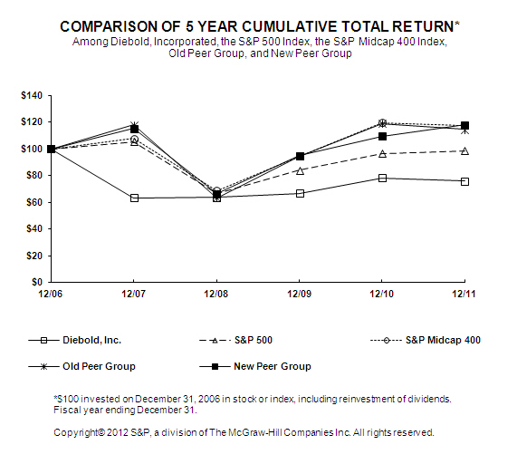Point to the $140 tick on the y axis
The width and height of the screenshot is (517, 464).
click(x=32, y=96)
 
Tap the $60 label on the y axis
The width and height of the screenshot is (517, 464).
click(x=34, y=202)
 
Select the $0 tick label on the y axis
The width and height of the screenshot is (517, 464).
click(x=37, y=282)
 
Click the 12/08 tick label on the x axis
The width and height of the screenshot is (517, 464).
click(x=216, y=294)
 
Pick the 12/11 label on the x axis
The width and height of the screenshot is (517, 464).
click(x=464, y=294)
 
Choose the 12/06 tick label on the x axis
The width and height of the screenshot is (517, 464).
click(x=50, y=294)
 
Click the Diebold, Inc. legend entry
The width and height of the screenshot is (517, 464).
click(x=75, y=340)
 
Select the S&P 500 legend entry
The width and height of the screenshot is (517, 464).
click(x=236, y=340)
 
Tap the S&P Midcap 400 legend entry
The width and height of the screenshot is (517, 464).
click(x=426, y=340)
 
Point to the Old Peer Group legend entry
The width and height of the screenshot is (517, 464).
click(x=81, y=366)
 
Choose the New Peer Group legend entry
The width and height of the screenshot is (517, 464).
click(x=255, y=366)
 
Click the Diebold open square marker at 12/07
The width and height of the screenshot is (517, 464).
click(x=134, y=198)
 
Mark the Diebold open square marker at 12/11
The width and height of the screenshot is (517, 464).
click(x=464, y=181)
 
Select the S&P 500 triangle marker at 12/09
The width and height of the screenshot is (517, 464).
click(x=300, y=170)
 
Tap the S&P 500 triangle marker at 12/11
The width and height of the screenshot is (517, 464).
click(x=464, y=151)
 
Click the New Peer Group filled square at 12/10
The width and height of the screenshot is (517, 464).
click(x=382, y=136)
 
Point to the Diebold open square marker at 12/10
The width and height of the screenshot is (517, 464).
click(x=382, y=179)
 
